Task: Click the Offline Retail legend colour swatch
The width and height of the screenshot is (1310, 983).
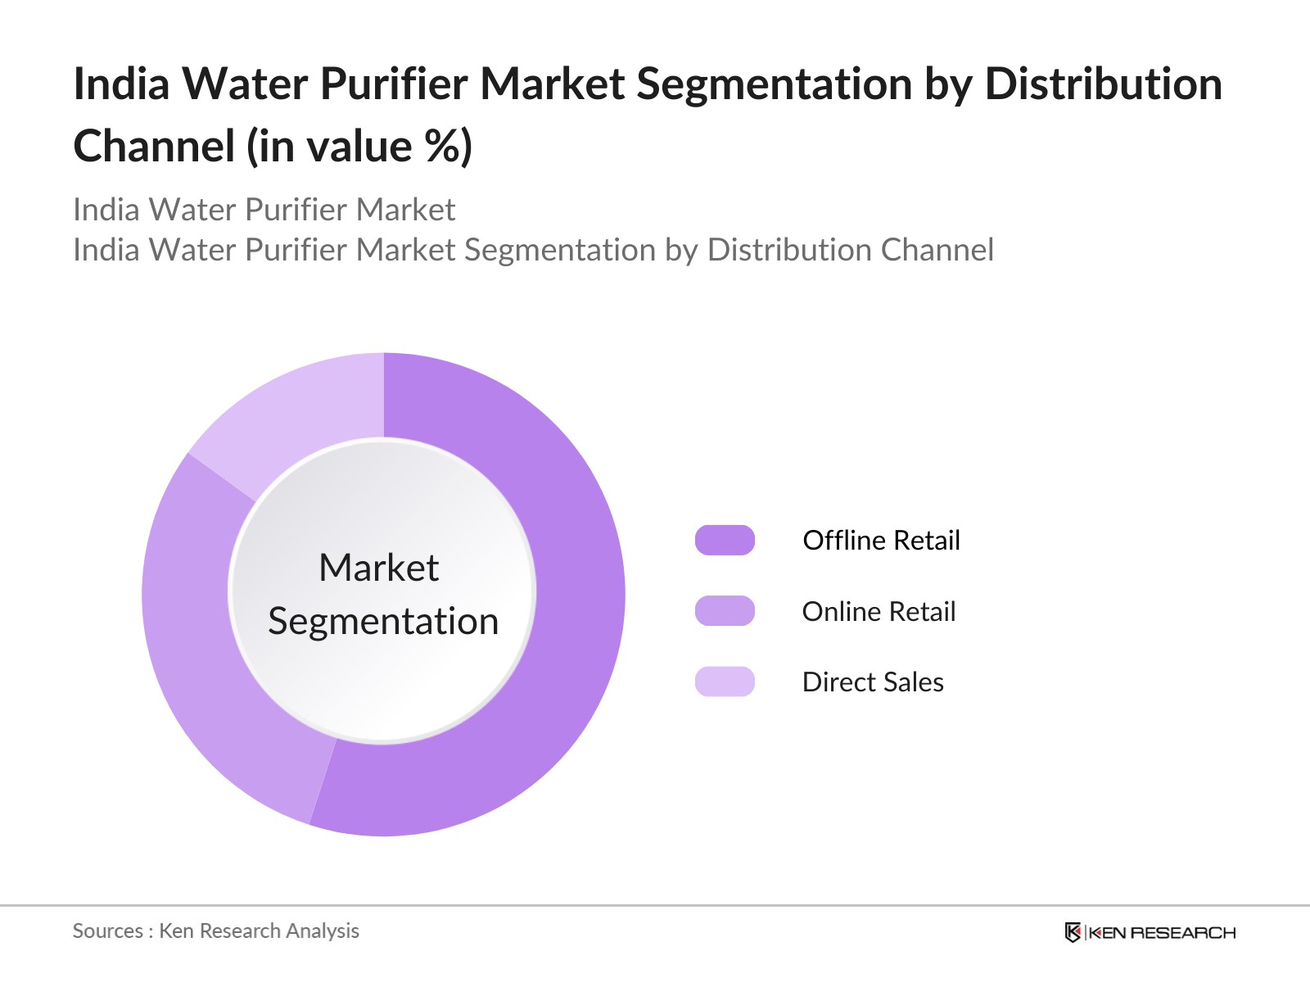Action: tap(725, 541)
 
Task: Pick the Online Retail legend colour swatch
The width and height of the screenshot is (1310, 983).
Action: tap(725, 611)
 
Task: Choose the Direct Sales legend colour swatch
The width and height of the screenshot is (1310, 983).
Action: tap(725, 682)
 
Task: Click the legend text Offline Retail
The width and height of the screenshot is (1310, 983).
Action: tap(881, 541)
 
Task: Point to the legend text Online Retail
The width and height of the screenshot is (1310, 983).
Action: tap(879, 612)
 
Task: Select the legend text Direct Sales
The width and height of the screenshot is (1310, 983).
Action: tap(873, 682)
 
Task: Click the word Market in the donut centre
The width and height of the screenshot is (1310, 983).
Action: tap(379, 568)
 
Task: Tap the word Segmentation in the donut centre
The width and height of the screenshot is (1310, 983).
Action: tap(383, 621)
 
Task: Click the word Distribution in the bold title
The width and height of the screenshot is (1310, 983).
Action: tap(1103, 84)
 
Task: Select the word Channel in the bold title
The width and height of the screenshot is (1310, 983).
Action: tap(154, 147)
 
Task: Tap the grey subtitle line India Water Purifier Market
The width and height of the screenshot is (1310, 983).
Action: tap(264, 210)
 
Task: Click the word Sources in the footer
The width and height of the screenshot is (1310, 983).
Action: tap(107, 931)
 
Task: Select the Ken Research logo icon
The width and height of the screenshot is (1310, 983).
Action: tap(1073, 932)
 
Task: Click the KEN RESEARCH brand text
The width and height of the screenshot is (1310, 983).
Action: tap(1162, 933)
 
